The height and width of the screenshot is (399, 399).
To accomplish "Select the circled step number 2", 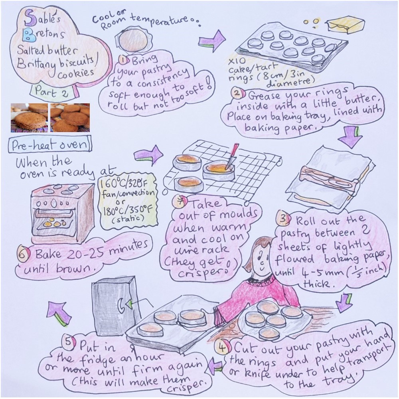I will (x=237, y=94).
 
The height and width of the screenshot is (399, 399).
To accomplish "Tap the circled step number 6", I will (x=22, y=254).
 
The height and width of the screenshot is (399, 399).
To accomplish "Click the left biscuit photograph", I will (x=29, y=118).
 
